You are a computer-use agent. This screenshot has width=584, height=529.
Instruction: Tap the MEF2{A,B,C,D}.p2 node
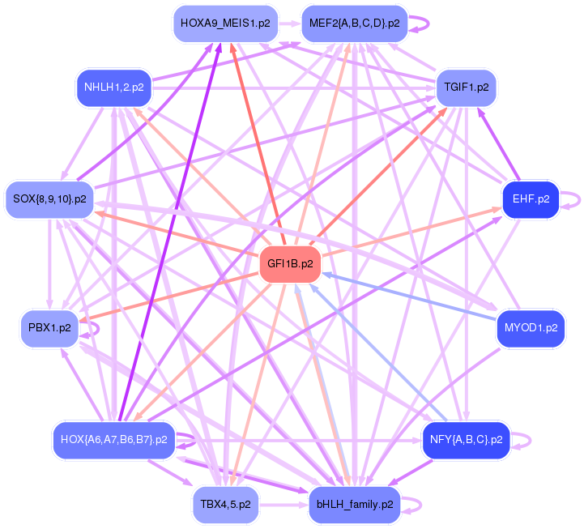pyautogui.click(x=354, y=23)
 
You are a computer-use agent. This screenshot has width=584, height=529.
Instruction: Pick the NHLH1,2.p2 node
pyautogui.click(x=113, y=87)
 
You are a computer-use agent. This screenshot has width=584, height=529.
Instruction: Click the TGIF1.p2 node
pyautogui.click(x=466, y=86)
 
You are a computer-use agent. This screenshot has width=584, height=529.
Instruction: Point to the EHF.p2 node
pyautogui.click(x=531, y=198)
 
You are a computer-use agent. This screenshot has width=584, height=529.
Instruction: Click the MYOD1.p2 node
pyautogui.click(x=531, y=328)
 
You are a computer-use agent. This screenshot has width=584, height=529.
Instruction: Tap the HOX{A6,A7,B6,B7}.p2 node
pyautogui.click(x=114, y=440)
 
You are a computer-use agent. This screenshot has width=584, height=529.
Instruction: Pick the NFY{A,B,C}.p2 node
pyautogui.click(x=467, y=440)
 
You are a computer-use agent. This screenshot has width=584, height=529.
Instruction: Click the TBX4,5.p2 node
pyautogui.click(x=225, y=504)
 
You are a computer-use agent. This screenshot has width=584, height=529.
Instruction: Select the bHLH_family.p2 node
pyautogui.click(x=355, y=504)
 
